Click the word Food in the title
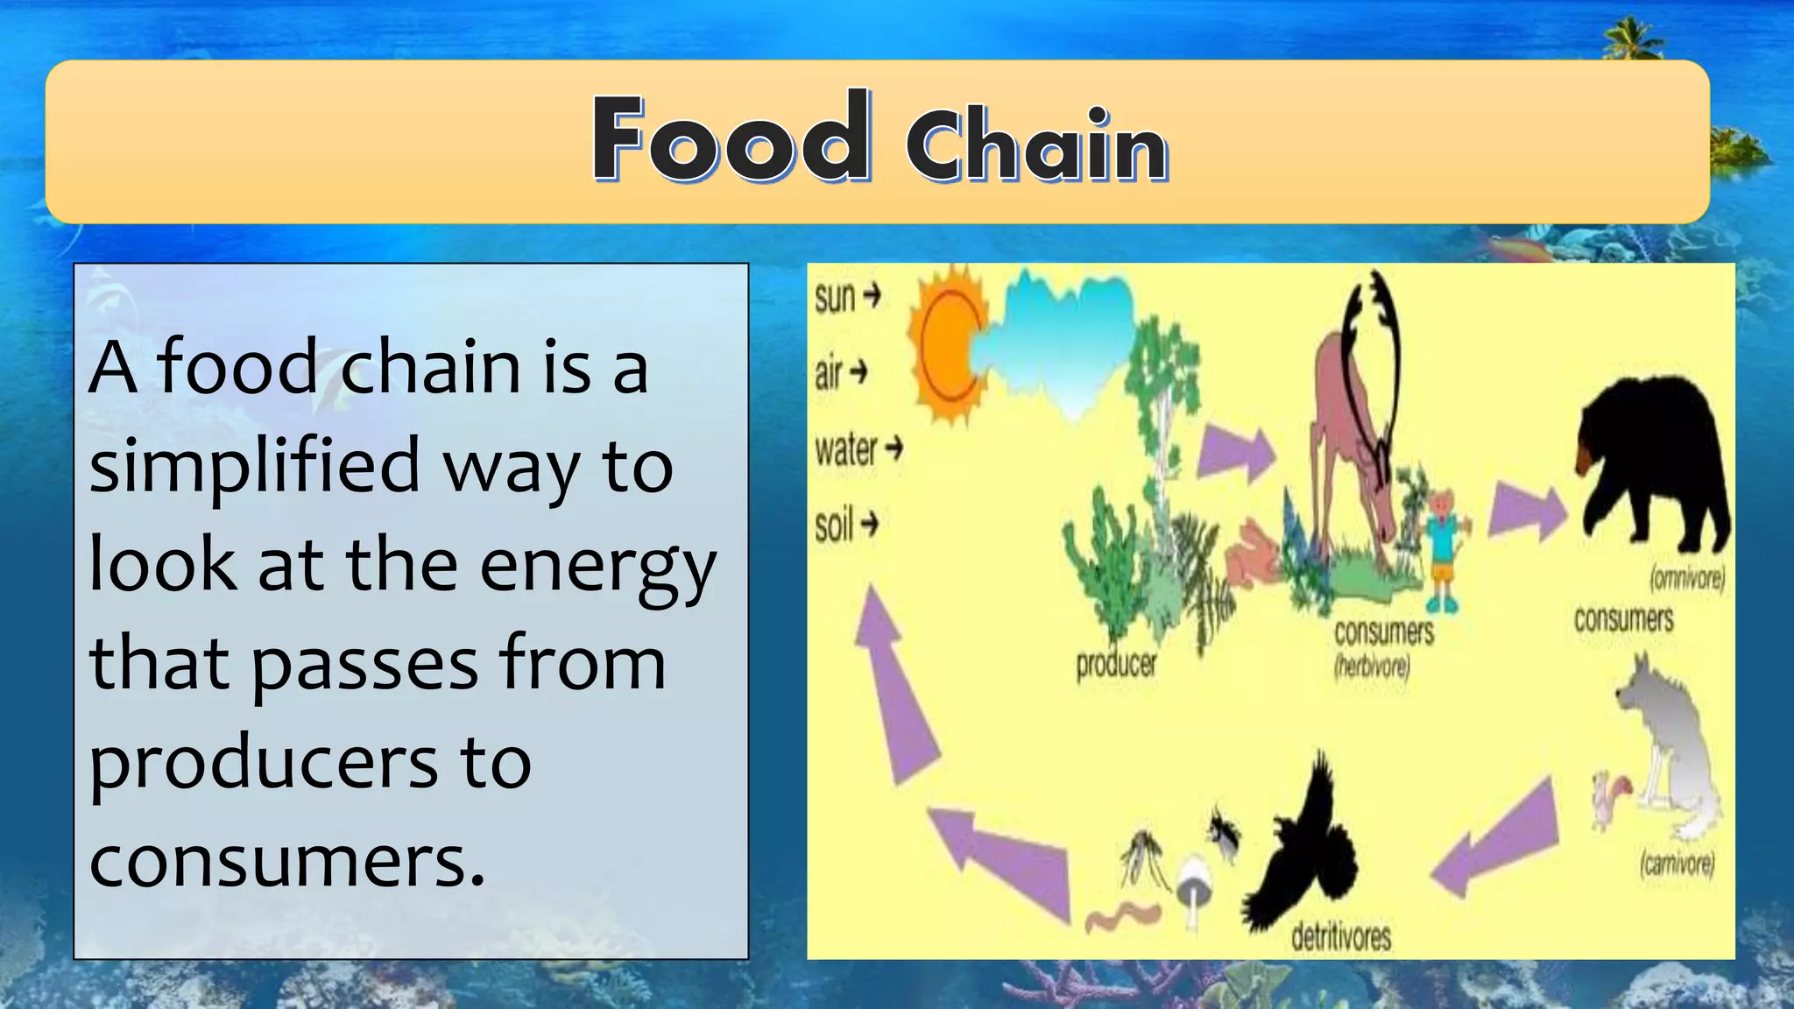(731, 138)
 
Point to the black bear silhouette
(1652, 460)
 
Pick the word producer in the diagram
(1116, 664)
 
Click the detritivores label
(1340, 937)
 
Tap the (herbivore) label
(1372, 667)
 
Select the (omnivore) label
(1686, 579)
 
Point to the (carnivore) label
(1677, 864)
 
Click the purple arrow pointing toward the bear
(1527, 512)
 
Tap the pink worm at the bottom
(1122, 915)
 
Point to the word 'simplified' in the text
(254, 466)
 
